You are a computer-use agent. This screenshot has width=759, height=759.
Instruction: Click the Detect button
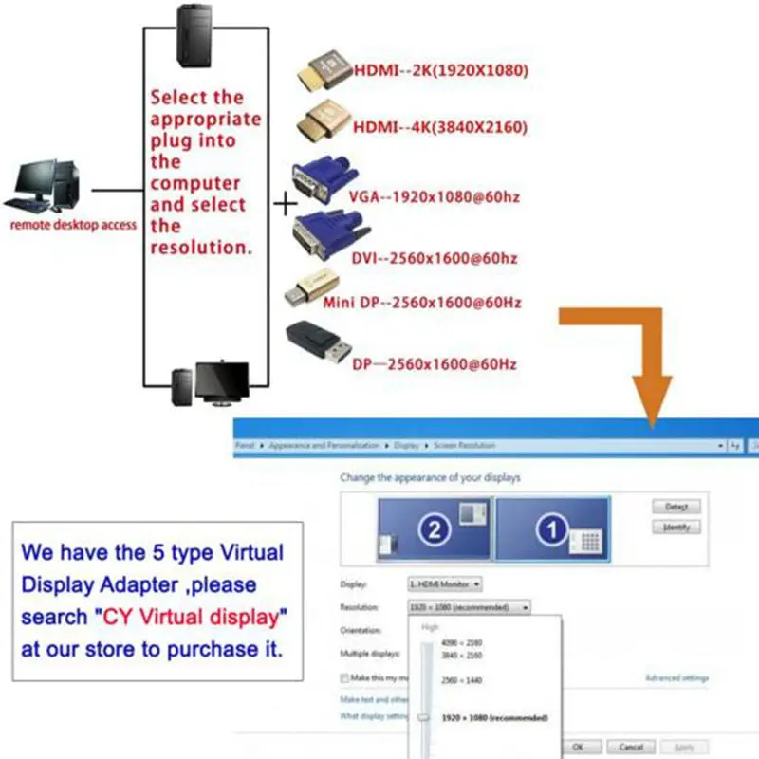676,507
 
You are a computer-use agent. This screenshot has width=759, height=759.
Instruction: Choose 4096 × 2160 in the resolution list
462,643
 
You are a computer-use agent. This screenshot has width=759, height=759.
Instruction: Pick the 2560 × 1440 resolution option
462,680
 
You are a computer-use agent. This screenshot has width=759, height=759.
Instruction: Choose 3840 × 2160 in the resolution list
462,656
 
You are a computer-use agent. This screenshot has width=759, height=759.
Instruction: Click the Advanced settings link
676,678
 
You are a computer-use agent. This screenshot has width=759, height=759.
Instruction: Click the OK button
577,747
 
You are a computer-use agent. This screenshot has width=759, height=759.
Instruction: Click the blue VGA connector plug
322,181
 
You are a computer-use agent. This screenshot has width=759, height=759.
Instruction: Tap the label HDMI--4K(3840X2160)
440,128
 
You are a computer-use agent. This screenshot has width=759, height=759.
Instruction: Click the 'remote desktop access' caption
73,226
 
